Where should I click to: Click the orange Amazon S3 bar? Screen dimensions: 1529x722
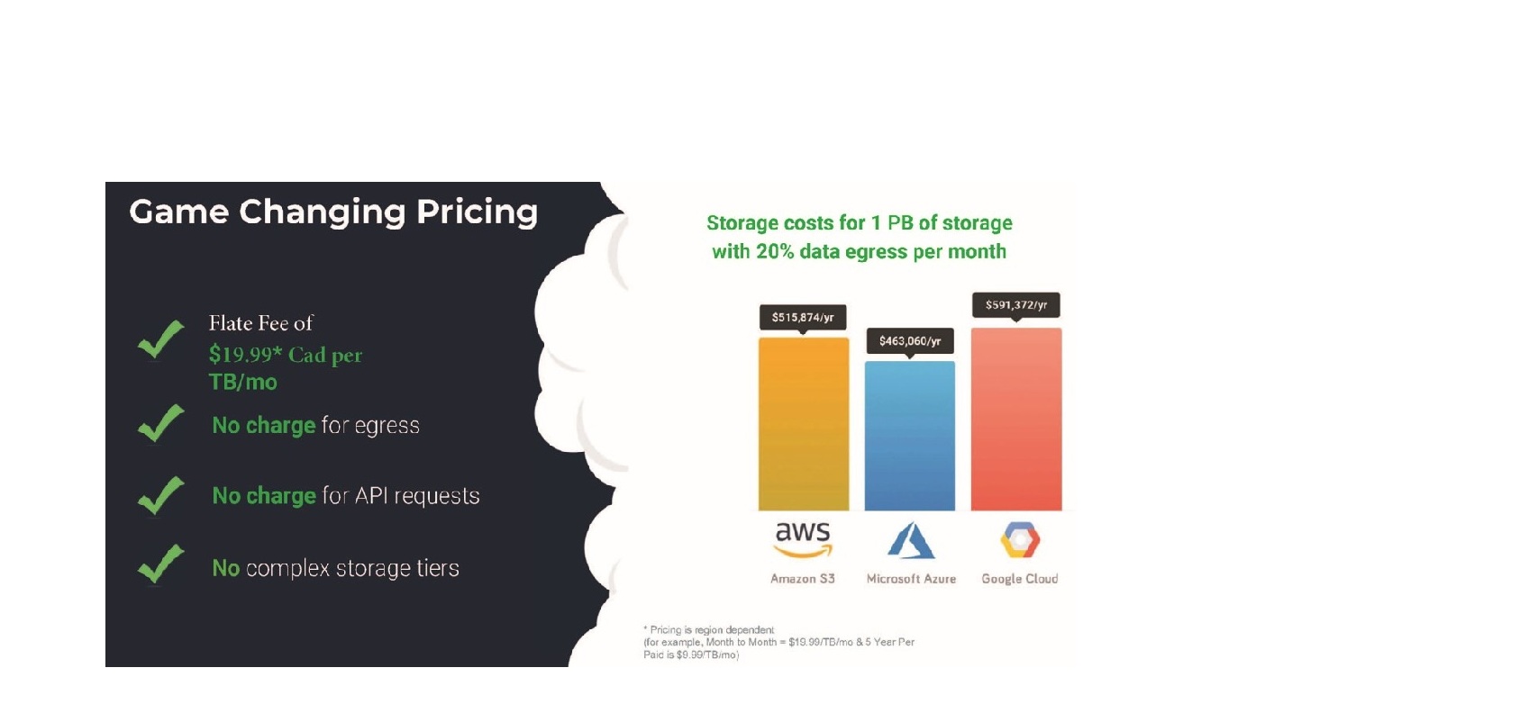coord(804,424)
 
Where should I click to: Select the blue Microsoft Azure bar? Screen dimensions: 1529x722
coord(910,436)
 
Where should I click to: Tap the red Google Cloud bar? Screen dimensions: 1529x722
coord(1016,420)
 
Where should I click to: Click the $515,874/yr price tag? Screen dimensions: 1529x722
coord(803,318)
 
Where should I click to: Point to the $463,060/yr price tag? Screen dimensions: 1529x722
coord(910,341)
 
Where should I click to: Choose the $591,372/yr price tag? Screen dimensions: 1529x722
coord(1015,305)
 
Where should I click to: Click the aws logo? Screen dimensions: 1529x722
coord(803,540)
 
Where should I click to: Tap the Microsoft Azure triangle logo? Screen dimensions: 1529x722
coord(911,541)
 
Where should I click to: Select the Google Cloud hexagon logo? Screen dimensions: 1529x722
coord(1020,541)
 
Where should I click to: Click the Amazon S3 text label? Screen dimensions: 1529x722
coord(803,579)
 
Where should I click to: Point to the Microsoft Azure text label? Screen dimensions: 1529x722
coord(911,579)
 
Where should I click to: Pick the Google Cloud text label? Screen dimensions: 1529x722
coord(1020,579)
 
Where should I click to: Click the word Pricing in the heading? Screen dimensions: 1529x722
coord(478,212)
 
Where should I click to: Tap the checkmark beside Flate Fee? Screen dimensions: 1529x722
coord(161,338)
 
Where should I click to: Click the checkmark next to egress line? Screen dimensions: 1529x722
coord(161,423)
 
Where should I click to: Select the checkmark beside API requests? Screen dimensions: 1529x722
coord(161,495)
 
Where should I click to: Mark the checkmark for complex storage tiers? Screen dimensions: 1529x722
coord(161,564)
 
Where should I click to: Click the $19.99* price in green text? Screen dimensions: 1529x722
coord(245,355)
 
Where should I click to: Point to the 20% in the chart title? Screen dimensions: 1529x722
coord(775,251)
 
